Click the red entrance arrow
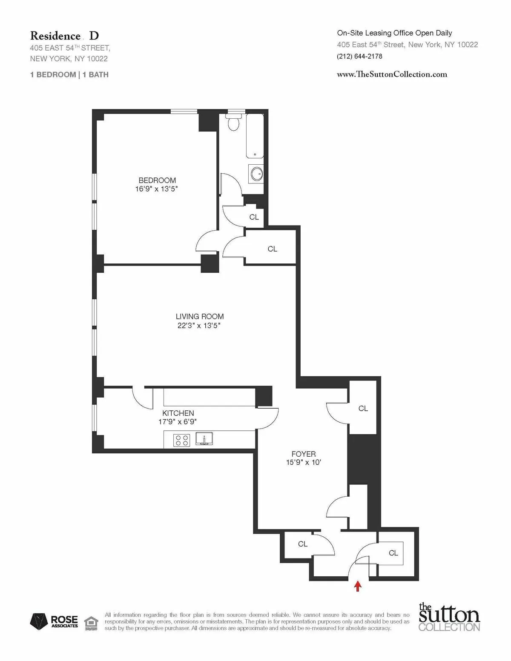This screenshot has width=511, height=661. [358, 587]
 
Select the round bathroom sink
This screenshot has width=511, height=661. [256, 174]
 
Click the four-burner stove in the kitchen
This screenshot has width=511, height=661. [181, 440]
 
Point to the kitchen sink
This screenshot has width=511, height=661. [204, 438]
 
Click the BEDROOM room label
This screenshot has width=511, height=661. [157, 180]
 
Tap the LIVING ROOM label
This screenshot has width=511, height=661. [200, 316]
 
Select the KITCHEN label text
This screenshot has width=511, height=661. [178, 413]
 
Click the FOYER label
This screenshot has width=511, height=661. [304, 454]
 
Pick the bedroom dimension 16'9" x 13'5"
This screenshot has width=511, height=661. [156, 189]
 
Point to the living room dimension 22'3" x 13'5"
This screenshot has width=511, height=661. [199, 326]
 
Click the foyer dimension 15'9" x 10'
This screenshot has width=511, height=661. [304, 463]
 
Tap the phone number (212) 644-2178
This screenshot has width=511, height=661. [359, 56]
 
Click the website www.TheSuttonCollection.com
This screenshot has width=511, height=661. [392, 74]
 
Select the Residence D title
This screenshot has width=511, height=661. [64, 36]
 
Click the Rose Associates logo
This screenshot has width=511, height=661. [54, 621]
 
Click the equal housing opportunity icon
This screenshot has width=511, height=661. [90, 622]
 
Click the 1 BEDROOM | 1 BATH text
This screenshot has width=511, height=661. [69, 74]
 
